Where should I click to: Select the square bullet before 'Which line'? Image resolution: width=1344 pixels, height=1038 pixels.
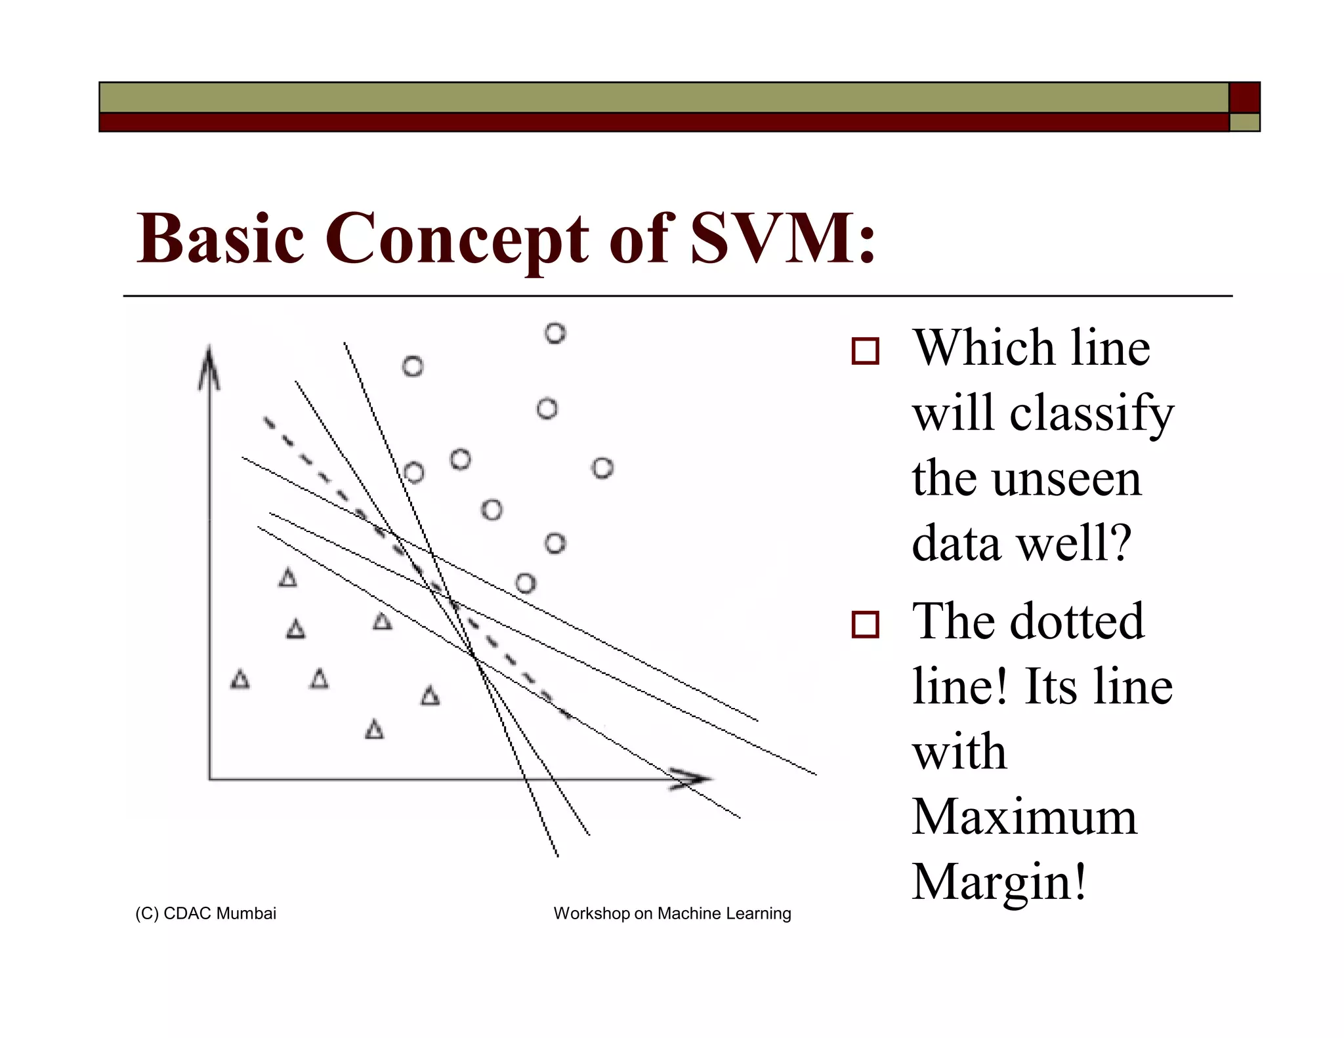tap(864, 351)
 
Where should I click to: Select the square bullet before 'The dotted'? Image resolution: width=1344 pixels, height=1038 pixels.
tap(864, 624)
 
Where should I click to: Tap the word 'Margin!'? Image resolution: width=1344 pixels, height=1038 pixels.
tap(999, 882)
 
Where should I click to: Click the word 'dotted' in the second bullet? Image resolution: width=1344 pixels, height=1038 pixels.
tap(1076, 621)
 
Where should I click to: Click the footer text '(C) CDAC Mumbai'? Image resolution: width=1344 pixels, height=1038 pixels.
tap(205, 913)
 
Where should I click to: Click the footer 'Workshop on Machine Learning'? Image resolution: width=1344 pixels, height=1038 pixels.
tap(672, 913)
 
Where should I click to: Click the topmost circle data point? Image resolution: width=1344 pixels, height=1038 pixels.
tap(555, 333)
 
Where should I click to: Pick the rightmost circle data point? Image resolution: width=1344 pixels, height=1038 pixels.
tap(602, 468)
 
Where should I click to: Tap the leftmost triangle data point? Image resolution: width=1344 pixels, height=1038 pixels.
tap(240, 679)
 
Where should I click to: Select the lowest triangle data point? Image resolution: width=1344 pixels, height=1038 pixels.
tap(374, 730)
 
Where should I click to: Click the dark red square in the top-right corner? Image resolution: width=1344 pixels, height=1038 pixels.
tap(1244, 98)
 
